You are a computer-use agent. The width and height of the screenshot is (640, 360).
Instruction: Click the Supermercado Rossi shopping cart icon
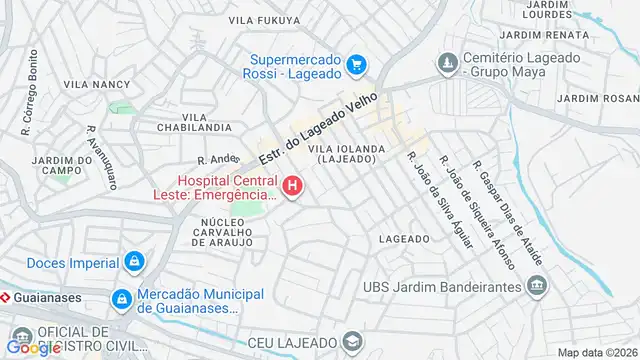[x=356, y=66]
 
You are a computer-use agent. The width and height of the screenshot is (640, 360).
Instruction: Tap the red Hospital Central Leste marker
[x=293, y=186]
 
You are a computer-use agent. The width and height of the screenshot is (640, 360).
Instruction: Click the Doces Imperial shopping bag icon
[x=134, y=262]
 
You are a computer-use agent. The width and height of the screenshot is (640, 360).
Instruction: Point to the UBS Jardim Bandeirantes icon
[x=538, y=287]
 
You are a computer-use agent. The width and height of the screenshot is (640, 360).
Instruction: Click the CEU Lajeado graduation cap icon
[x=351, y=343]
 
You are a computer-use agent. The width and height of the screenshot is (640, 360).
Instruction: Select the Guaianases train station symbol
[x=5, y=297]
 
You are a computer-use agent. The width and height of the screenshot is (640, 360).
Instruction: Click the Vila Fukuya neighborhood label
[x=264, y=20]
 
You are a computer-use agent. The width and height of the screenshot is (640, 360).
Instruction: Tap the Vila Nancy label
[x=97, y=85]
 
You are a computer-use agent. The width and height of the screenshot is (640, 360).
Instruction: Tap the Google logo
[x=33, y=348]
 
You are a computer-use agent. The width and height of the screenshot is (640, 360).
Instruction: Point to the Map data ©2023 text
[x=597, y=352]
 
